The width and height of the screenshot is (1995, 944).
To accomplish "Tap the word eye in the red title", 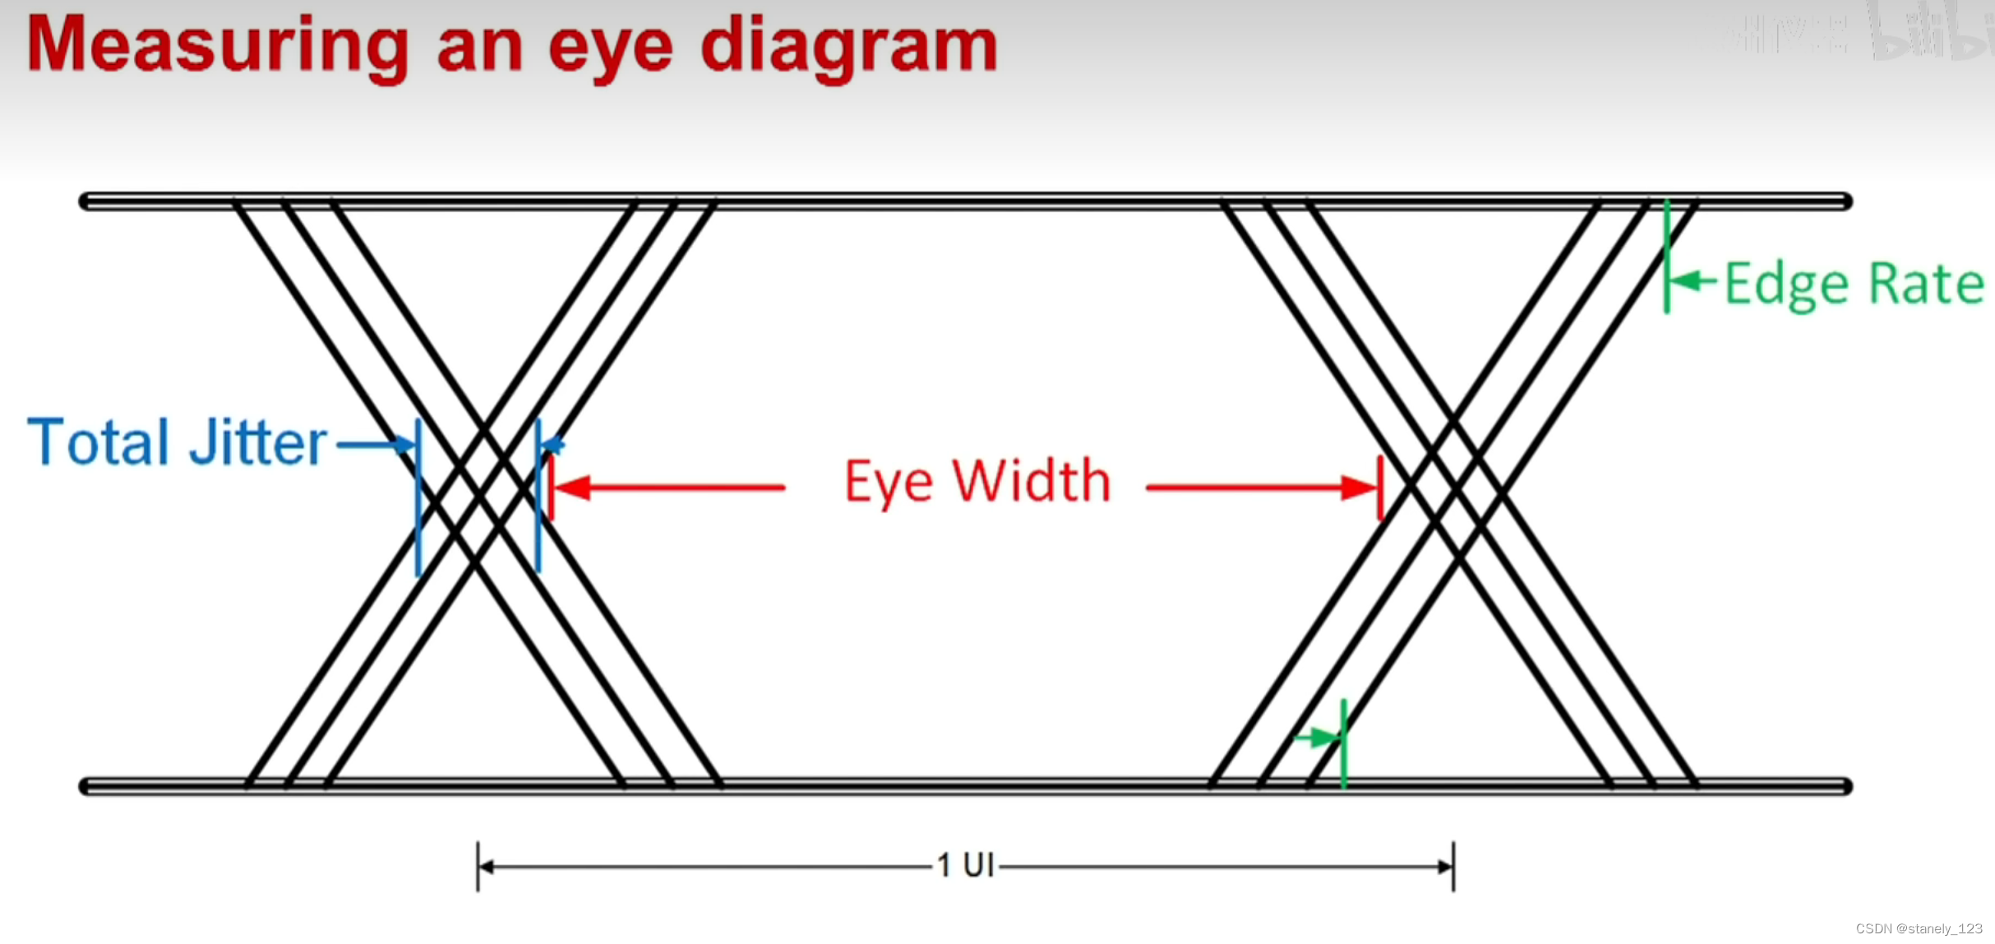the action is pos(610,49).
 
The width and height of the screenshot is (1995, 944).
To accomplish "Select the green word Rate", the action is pos(1926,285).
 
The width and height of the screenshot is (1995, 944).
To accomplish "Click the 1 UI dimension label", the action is pos(965,865).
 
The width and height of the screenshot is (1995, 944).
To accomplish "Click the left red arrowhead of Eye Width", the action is pos(572,488).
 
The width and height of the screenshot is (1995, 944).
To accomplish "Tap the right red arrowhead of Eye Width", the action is pos(1360,488).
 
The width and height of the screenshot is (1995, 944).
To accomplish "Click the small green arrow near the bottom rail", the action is pos(1318,737).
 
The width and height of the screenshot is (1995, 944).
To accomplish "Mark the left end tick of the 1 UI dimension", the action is pos(478,866).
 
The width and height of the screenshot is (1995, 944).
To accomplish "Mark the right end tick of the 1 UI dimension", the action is pos(1452,866).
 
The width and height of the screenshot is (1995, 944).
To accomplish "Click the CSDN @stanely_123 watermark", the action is pos(1919,929).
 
